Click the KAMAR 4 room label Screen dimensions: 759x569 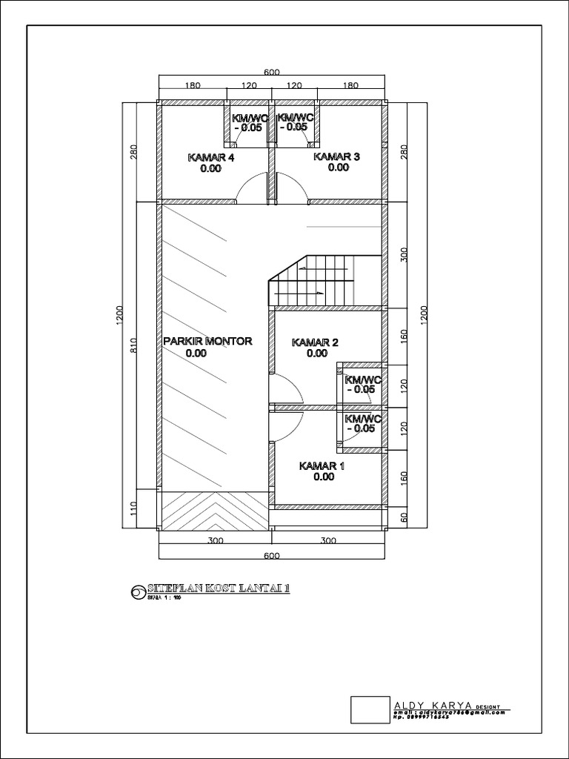click(211, 157)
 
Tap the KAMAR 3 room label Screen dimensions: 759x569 click(337, 156)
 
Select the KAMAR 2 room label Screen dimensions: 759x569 click(316, 342)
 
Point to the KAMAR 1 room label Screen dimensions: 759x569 click(322, 466)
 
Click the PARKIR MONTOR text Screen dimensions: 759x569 click(208, 341)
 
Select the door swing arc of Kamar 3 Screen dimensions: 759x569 click(291, 187)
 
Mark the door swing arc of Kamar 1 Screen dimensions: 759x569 click(287, 425)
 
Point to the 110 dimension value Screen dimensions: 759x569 click(133, 509)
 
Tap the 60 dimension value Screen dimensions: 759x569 click(405, 517)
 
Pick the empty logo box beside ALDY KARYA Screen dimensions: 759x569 click(370, 709)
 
